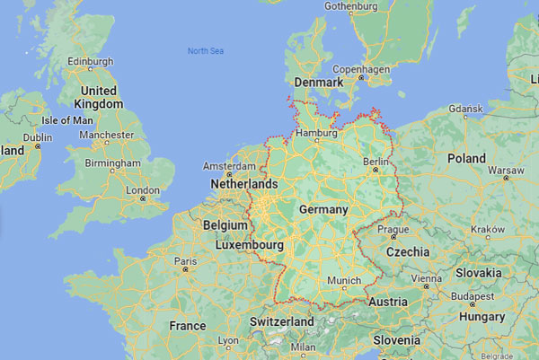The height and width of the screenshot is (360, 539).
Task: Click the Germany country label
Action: (x=323, y=209)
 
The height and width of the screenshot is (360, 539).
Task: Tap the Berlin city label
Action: (x=376, y=161)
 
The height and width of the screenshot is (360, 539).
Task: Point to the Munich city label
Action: (x=343, y=281)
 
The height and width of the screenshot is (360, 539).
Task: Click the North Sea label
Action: (x=205, y=51)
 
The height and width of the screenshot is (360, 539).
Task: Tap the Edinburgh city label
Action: (x=91, y=61)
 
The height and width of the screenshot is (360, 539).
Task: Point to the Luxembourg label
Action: (x=250, y=244)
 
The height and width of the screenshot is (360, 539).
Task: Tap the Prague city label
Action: (x=393, y=229)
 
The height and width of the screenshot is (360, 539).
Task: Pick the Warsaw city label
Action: (x=505, y=170)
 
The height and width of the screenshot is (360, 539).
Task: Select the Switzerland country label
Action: (x=281, y=321)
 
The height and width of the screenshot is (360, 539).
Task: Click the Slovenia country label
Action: (x=397, y=340)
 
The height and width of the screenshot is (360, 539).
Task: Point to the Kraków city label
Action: (x=488, y=229)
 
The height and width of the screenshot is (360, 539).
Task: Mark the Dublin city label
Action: (x=37, y=137)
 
